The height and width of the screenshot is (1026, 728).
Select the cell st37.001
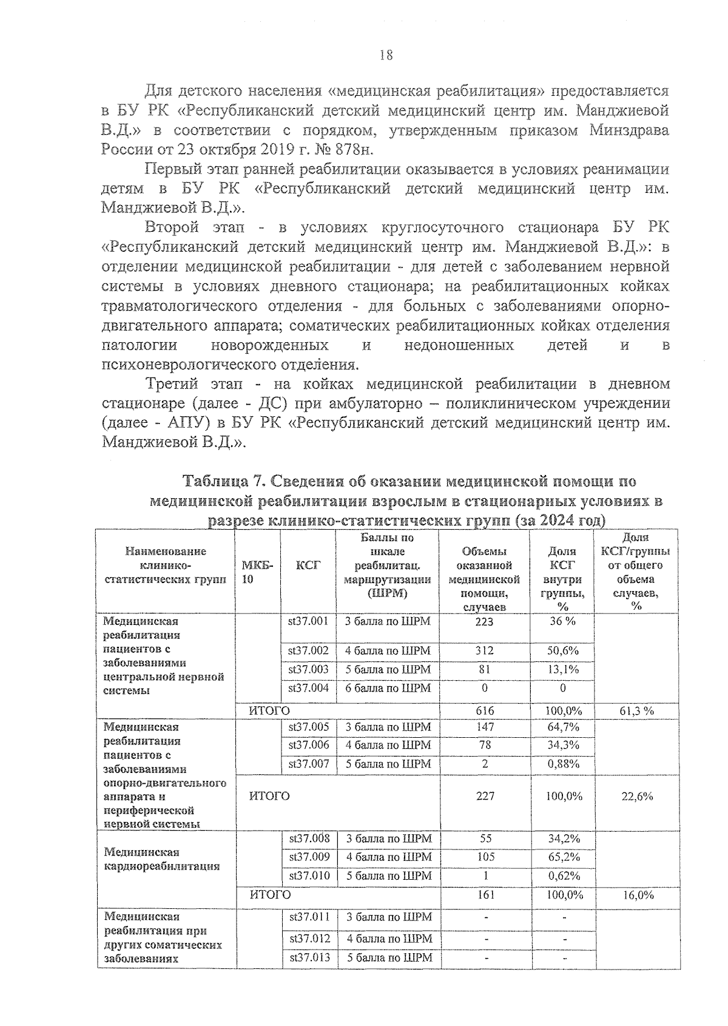(308, 621)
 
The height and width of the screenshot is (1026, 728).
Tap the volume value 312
(485, 650)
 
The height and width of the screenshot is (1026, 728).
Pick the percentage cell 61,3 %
(637, 710)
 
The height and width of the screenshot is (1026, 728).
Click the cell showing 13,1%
(563, 669)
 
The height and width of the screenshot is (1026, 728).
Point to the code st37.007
(308, 764)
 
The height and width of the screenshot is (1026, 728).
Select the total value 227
(485, 796)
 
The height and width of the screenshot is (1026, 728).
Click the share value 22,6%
(637, 796)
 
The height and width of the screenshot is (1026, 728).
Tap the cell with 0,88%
(563, 764)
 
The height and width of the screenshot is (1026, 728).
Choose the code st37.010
(309, 876)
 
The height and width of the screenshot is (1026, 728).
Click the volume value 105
(485, 857)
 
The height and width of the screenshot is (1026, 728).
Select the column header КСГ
(308, 565)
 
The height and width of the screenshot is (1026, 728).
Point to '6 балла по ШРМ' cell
(388, 688)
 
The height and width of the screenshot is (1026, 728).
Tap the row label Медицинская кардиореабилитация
(161, 859)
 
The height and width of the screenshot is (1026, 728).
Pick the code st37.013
(309, 957)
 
